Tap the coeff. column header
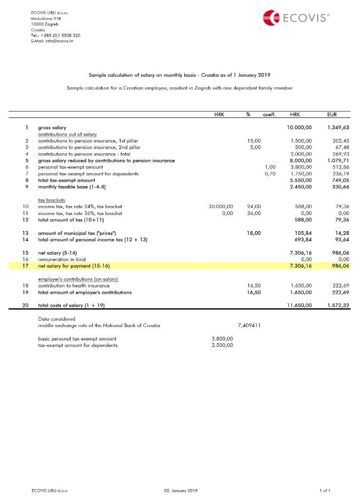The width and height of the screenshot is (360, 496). click(269, 114)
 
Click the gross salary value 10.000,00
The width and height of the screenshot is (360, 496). click(301, 128)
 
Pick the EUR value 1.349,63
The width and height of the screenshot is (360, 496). click(337, 128)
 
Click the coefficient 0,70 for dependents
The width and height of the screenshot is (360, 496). click(270, 174)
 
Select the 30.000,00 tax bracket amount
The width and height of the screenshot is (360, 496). click(221, 206)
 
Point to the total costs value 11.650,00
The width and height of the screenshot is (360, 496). click(301, 305)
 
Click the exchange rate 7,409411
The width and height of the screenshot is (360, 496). click(249, 325)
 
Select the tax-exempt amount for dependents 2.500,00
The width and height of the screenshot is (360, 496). click(222, 345)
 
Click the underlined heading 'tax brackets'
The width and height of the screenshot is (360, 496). click(51, 199)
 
